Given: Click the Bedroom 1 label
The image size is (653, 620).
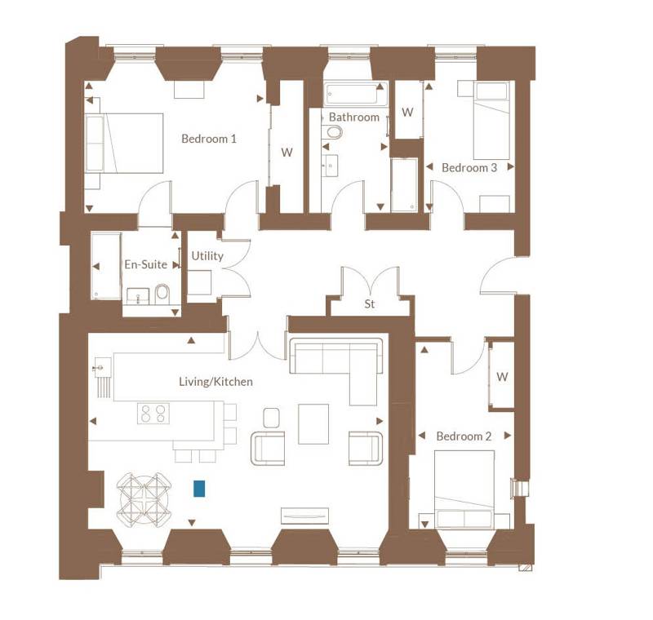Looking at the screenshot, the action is (209, 139).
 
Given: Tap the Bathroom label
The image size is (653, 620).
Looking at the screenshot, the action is (354, 117).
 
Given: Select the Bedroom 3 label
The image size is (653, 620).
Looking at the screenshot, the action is (469, 168).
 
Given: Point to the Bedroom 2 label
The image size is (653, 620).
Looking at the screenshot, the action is (464, 436).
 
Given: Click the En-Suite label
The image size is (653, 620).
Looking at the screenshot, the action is (146, 264).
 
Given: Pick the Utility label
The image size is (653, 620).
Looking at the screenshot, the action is (207, 256).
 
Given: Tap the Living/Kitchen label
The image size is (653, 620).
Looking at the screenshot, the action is (215, 382).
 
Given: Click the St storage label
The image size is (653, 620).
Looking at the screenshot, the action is (370, 304).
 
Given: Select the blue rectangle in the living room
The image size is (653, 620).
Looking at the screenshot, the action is (199, 489).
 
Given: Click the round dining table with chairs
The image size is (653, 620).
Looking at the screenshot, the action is (144, 498).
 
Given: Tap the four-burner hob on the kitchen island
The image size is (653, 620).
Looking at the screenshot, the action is (153, 413).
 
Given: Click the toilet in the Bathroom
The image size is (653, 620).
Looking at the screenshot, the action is (333, 132).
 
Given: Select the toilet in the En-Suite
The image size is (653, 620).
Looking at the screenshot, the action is (162, 294).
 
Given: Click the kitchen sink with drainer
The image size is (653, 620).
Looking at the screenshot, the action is (104, 377).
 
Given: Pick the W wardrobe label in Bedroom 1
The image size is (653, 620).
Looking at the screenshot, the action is (287, 153).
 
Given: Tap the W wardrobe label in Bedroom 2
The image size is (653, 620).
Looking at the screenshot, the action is (502, 377).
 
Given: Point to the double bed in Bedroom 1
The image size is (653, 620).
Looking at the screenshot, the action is (124, 143).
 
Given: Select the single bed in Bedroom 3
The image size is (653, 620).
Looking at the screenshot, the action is (491, 120).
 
